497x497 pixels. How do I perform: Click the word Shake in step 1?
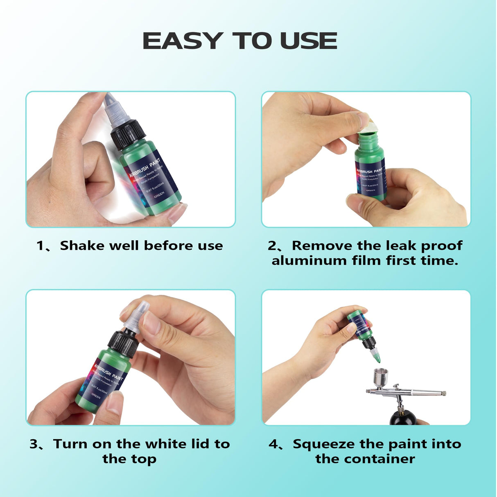(x=82, y=246)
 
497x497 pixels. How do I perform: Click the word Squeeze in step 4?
(x=323, y=444)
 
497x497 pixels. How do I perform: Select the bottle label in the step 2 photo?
(x=370, y=179)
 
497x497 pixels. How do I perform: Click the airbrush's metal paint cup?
(x=380, y=377)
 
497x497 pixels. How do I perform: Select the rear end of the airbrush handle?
(x=443, y=393)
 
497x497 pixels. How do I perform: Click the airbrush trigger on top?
(x=396, y=386)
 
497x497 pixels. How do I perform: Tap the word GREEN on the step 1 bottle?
(x=160, y=194)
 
